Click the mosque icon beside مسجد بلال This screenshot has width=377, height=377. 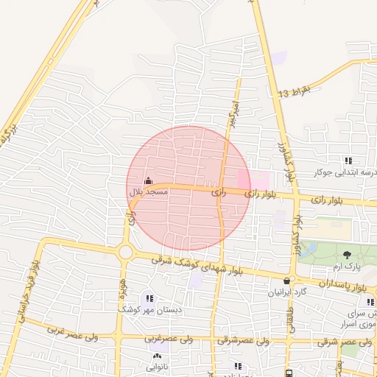pos(148,181)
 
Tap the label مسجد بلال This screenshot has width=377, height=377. pos(149,191)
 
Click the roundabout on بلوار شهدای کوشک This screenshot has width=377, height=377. pos(126,253)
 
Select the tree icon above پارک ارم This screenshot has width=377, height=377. pos(348,255)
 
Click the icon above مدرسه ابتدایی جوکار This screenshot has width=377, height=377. pos(348,161)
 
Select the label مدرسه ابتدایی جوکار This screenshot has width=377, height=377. pos(345,172)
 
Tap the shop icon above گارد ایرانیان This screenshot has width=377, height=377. pos(287,281)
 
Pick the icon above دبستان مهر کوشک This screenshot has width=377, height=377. pos(149,299)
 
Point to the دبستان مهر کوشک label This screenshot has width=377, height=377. pos(150,310)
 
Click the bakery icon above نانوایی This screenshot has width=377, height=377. pos(156,356)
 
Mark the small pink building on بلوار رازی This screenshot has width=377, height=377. pos(261,179)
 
